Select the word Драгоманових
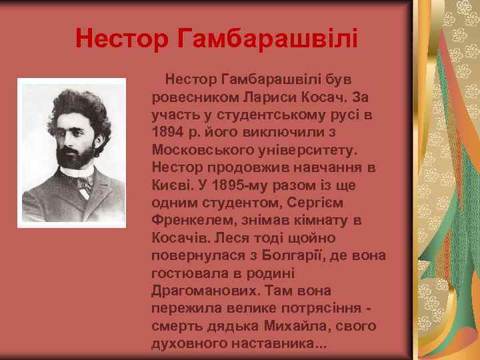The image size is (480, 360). pos(197,291)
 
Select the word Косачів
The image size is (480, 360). pos(179,238)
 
